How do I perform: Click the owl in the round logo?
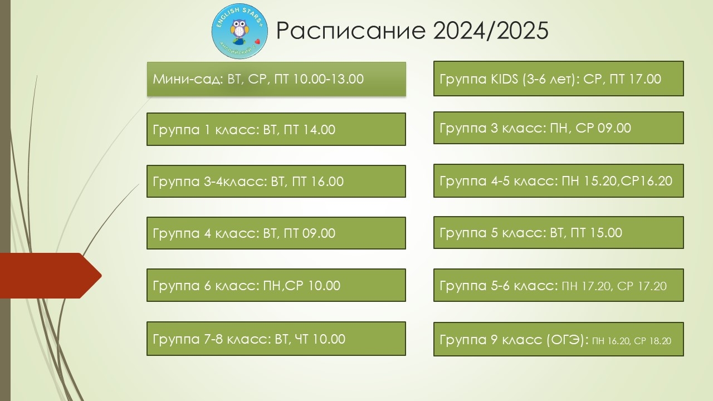point(240,30)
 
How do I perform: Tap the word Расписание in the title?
point(351,31)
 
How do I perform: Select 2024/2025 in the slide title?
point(491,31)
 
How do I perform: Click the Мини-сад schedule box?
point(276,79)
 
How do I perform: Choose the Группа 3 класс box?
point(559,128)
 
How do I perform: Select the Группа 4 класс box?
point(276,233)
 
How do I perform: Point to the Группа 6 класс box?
point(276,285)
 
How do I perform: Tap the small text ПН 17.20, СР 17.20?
point(614,286)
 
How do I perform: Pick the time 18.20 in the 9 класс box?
point(660,341)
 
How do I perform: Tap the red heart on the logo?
point(257,41)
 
